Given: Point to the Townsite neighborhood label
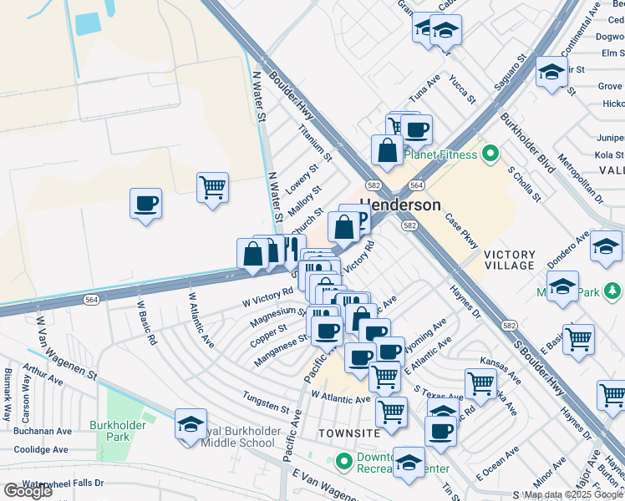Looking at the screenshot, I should click(349, 433).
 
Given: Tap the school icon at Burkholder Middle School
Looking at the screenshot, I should click(191, 424).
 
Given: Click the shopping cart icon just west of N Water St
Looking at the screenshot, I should click(213, 186).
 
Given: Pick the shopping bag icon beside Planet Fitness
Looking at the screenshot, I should click(387, 150).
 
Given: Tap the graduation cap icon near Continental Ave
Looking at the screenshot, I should click(551, 73).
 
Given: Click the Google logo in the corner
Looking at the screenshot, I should click(28, 491).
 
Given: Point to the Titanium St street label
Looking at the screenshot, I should click(315, 143).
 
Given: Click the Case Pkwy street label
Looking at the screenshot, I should click(461, 231).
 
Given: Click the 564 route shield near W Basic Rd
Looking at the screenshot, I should click(91, 300).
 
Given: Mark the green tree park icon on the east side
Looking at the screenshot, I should click(613, 291).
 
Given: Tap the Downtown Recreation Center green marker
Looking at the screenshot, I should click(343, 460).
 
